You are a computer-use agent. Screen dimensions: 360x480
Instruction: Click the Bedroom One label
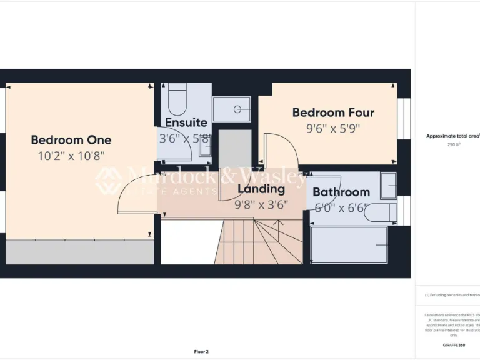click(71, 139)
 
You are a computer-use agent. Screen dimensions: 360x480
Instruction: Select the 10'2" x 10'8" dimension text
click(71, 155)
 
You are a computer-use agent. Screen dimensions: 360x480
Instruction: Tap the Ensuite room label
click(186, 122)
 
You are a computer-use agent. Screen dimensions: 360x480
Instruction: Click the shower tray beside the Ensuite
click(231, 109)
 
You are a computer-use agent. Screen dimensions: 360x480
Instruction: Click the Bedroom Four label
click(333, 112)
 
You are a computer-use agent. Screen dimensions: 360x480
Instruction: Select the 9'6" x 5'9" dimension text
click(333, 128)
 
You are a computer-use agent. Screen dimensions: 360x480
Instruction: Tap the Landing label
click(261, 189)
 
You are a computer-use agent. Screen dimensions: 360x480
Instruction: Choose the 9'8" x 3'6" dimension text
click(261, 204)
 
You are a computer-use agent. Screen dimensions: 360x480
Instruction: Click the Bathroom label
click(341, 192)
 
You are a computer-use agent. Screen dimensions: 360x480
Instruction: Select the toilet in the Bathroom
click(379, 212)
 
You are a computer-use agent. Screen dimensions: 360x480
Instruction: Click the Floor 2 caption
click(201, 351)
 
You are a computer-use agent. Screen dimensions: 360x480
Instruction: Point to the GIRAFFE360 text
click(454, 345)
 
